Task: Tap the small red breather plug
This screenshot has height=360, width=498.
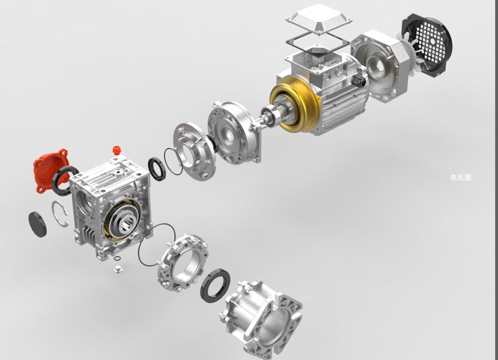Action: (x=117, y=150)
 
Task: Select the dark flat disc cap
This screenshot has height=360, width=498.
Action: (x=37, y=224)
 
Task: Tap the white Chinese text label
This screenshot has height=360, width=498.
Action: (x=461, y=177)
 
